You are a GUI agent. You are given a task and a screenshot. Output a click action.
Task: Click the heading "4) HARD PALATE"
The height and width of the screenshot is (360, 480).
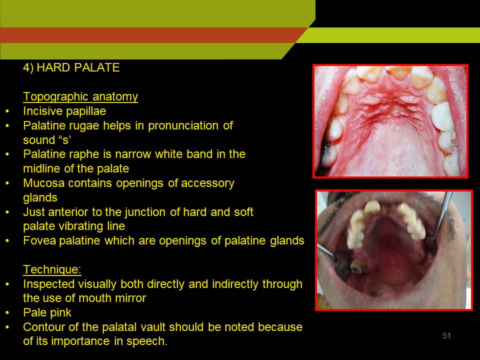coord(71,67)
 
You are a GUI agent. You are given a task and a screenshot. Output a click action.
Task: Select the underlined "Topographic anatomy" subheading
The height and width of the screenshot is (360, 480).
coord(80,96)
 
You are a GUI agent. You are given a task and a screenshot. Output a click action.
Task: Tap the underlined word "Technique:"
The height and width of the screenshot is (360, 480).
coord(52,269)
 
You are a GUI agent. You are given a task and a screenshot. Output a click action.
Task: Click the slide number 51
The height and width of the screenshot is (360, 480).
coord(446,336)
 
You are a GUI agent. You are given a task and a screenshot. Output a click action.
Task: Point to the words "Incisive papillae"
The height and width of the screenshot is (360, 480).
coord(64,111)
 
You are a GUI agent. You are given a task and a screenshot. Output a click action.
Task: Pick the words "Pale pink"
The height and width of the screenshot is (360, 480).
coord(47,313)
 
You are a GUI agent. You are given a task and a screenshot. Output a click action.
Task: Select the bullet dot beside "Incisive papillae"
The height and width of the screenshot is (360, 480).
coord(7,111)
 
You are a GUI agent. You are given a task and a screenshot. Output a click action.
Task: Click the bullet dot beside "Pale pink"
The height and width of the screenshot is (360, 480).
coord(7,313)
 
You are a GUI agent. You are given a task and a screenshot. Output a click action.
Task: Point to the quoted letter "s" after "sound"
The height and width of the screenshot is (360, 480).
coord(65,140)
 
